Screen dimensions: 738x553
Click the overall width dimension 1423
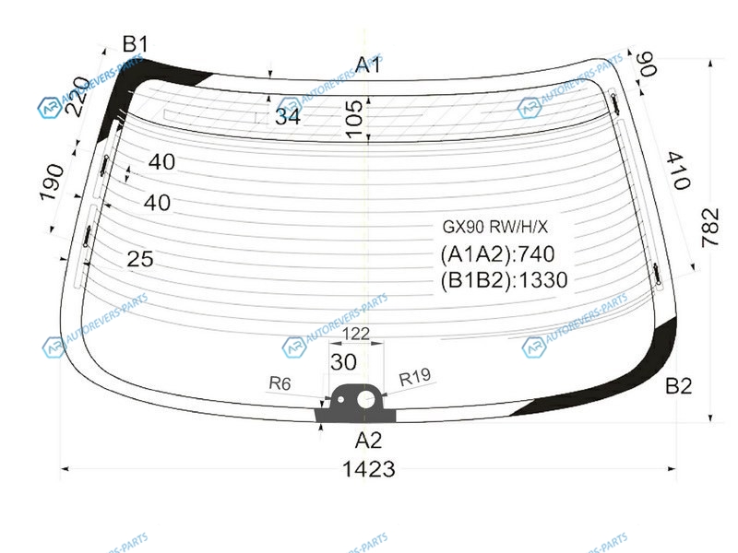(368, 469)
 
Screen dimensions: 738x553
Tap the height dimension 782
(710, 228)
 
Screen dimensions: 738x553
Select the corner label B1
(135, 44)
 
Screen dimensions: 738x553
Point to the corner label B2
(679, 386)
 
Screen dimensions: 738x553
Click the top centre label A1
(368, 65)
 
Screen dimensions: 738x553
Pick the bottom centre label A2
(368, 441)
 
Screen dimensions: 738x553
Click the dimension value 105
(354, 119)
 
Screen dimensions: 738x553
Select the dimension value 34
(288, 116)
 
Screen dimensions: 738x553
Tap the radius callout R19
(414, 377)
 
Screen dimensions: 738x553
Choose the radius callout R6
(280, 383)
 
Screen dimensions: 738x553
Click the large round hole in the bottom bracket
(365, 400)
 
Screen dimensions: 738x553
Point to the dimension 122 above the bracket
(356, 334)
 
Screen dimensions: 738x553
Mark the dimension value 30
(343, 362)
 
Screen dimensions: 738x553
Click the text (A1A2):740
(498, 254)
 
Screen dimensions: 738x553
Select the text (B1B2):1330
(504, 280)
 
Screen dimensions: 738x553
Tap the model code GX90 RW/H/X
(494, 227)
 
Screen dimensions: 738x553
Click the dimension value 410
(679, 171)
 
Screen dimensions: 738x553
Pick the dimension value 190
(52, 182)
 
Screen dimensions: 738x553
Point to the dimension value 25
(140, 259)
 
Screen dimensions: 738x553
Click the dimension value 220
(77, 97)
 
